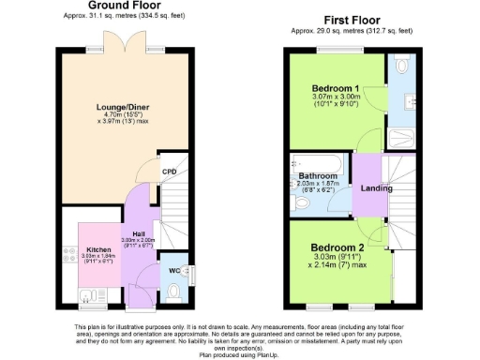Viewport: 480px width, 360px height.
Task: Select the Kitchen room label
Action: pyautogui.click(x=98, y=249)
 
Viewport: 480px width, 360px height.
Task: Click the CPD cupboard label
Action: pyautogui.click(x=169, y=172)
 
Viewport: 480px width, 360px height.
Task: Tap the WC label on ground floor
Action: pyautogui.click(x=174, y=271)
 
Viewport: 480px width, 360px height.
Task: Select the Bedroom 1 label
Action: pyautogui.click(x=337, y=88)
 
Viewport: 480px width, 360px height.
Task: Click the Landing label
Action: pyautogui.click(x=376, y=188)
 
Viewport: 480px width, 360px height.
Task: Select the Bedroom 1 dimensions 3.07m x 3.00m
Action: pyautogui.click(x=337, y=97)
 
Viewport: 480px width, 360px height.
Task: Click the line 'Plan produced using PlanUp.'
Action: pyautogui.click(x=240, y=354)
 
